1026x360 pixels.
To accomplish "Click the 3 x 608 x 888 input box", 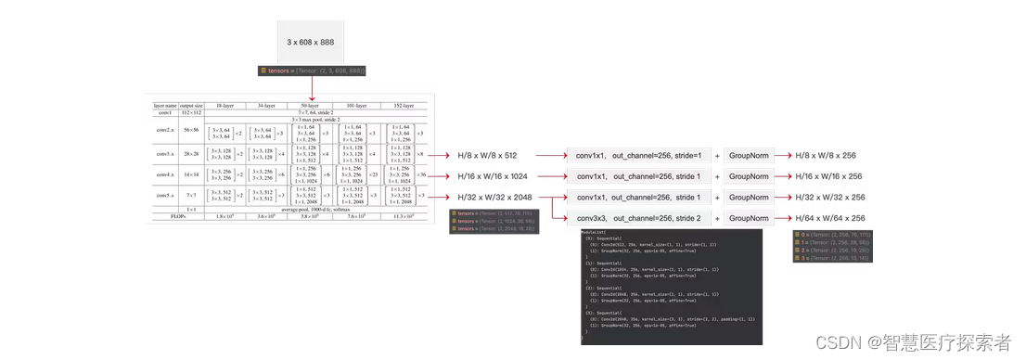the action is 311,43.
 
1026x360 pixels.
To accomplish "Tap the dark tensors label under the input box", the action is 313,71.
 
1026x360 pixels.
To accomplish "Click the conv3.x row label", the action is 166,153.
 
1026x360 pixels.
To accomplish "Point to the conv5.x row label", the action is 166,196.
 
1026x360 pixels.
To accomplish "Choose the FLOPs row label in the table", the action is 166,216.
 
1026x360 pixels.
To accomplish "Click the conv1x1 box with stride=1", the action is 638,155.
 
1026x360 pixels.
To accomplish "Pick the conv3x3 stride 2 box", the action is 638,218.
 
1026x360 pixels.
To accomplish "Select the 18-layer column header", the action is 224,106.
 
